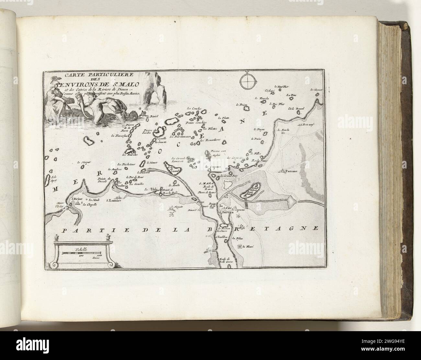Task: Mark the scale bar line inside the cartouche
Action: (x=82, y=253)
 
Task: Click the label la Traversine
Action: (x=118, y=136)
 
